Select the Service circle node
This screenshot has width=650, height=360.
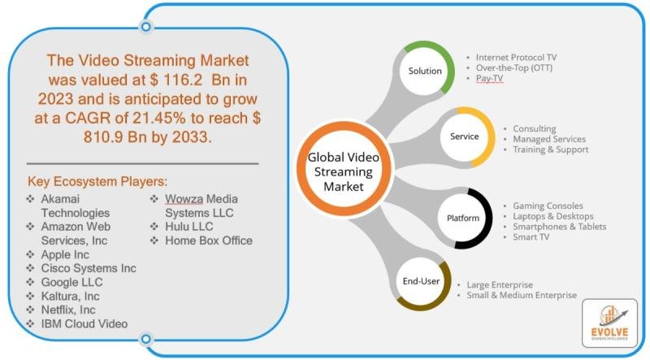click(465, 137)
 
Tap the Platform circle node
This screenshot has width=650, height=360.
click(463, 218)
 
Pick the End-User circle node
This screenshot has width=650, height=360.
click(422, 282)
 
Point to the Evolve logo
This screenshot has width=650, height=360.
click(610, 323)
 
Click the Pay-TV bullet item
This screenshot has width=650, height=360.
click(489, 78)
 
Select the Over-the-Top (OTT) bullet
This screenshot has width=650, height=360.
click(514, 67)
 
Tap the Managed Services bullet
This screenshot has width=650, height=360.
click(549, 139)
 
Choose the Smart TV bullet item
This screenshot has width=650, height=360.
click(531, 236)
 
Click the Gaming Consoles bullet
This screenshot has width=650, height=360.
click(548, 206)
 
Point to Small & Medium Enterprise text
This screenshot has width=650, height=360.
click(522, 295)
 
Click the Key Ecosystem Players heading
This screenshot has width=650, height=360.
click(97, 182)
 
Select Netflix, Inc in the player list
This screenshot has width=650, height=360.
click(68, 310)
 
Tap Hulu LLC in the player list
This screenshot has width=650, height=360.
click(189, 227)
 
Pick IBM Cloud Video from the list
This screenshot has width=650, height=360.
click(84, 323)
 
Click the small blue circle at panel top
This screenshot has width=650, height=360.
click(146, 27)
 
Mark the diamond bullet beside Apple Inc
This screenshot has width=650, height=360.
click(30, 254)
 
